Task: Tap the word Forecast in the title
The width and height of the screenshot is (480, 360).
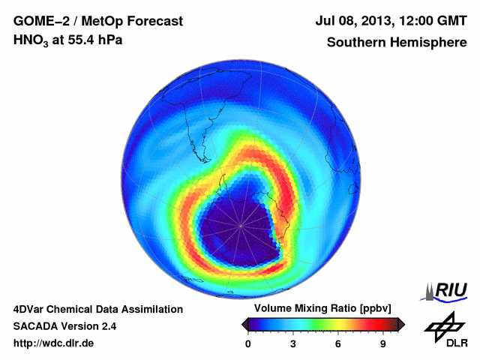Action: pyautogui.click(x=154, y=21)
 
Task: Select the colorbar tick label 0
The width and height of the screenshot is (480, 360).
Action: pyautogui.click(x=248, y=344)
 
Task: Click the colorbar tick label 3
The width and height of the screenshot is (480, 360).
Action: pyautogui.click(x=293, y=344)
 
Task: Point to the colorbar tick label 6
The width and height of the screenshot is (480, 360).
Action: pyautogui.click(x=338, y=344)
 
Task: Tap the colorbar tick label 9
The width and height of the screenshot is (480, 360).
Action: pyautogui.click(x=383, y=344)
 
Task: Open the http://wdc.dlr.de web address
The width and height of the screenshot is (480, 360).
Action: pyautogui.click(x=54, y=343)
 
